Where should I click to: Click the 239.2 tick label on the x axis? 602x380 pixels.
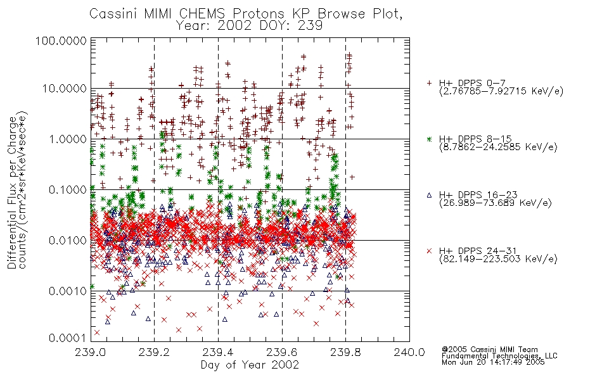click(x=155, y=352)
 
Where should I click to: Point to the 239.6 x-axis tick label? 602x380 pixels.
click(x=282, y=352)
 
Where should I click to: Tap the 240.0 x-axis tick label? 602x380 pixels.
click(x=409, y=352)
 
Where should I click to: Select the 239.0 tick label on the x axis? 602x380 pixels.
click(x=91, y=352)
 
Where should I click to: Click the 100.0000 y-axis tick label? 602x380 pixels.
click(x=61, y=41)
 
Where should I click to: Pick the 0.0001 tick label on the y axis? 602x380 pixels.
click(x=68, y=338)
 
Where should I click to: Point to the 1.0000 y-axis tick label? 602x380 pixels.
click(x=68, y=139)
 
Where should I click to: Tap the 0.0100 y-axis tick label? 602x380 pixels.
click(x=68, y=241)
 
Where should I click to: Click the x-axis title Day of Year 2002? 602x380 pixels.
click(x=250, y=365)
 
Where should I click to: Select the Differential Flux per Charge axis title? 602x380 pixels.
click(x=12, y=193)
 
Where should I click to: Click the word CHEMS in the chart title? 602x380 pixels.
click(x=202, y=14)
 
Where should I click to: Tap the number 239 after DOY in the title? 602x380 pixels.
click(x=310, y=26)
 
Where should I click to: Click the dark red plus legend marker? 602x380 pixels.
click(x=429, y=83)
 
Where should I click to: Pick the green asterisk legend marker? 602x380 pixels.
click(x=429, y=139)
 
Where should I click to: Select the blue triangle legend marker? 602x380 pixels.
click(x=429, y=195)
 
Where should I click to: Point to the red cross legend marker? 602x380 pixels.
click(x=429, y=251)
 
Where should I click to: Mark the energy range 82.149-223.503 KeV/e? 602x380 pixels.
click(x=498, y=259)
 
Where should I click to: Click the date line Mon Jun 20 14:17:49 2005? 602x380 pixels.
click(x=493, y=362)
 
